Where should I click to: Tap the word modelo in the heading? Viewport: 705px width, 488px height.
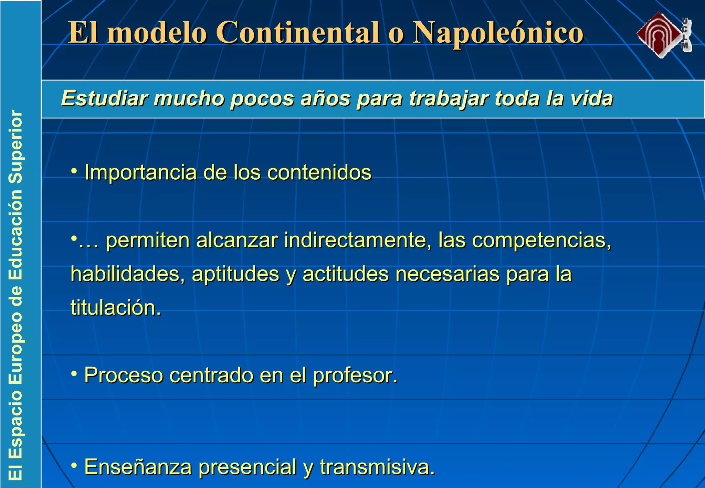(x=157, y=33)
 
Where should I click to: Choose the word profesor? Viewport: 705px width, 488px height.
(x=355, y=375)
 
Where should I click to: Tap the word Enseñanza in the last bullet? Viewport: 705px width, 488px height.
(x=138, y=467)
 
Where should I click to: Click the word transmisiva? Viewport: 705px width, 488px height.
(x=377, y=467)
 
